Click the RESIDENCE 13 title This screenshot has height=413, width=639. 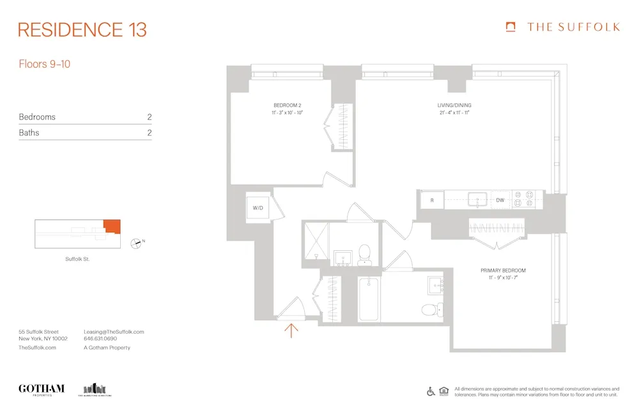(x=82, y=29)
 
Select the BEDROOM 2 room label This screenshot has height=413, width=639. (x=288, y=105)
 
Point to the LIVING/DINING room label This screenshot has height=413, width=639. (x=454, y=105)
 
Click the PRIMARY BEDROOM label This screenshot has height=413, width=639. (x=503, y=271)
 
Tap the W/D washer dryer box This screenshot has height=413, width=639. (x=259, y=207)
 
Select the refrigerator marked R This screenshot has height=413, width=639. (x=432, y=200)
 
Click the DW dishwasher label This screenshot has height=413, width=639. (x=500, y=200)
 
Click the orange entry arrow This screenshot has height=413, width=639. (x=292, y=330)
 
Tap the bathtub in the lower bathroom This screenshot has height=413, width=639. (x=369, y=299)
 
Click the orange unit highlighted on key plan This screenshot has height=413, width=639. (x=112, y=226)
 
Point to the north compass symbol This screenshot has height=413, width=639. (x=137, y=243)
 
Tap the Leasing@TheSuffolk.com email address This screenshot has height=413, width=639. (x=114, y=332)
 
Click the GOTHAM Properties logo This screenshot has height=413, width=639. (x=42, y=389)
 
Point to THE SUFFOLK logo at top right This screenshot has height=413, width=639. (x=562, y=27)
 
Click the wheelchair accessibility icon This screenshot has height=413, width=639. (x=431, y=391)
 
